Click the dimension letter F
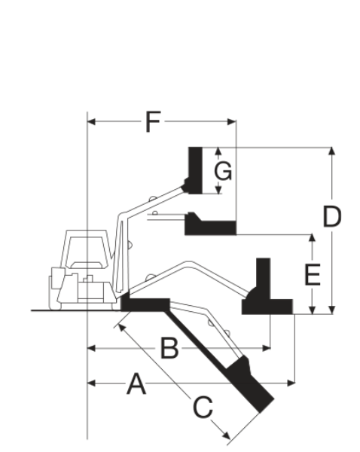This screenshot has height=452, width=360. click(x=153, y=122)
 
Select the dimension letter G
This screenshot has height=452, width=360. click(x=223, y=171)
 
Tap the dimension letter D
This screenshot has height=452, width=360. click(x=331, y=216)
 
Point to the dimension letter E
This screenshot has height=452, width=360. click(x=313, y=275)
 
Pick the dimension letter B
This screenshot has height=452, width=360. click(x=169, y=349)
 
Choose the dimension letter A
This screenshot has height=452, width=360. click(x=136, y=383)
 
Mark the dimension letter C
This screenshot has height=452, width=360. click(x=203, y=407)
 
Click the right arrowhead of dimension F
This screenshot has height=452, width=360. click(x=232, y=122)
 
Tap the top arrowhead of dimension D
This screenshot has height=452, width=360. click(x=332, y=151)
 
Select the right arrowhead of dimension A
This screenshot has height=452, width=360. click(x=291, y=383)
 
